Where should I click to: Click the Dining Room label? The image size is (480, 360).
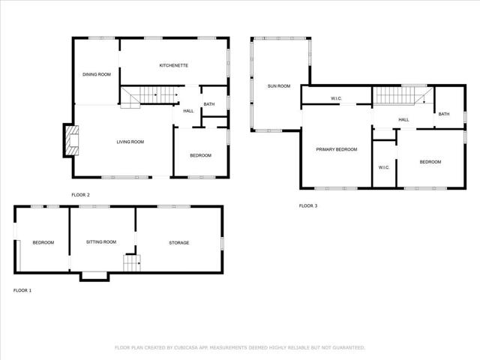point(97,74)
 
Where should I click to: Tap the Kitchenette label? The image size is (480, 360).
point(173,66)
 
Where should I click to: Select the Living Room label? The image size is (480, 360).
point(130,142)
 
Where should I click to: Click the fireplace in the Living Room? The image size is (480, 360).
point(70,140)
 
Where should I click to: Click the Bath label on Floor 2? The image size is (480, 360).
point(208,104)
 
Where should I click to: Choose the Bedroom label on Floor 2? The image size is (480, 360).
point(200,155)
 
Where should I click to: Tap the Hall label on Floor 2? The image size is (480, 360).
point(188,111)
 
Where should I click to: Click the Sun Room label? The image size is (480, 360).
point(279,86)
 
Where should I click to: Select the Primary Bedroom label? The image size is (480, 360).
point(336,150)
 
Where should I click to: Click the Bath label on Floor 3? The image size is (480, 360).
point(444,114)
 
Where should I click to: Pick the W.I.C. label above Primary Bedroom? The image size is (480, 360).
point(337,99)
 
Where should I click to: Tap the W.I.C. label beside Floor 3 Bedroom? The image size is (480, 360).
point(383,167)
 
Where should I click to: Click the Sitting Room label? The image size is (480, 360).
point(101,242)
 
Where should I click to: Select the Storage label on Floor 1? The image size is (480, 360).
point(178,242)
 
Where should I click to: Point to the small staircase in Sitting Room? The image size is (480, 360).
point(132,263)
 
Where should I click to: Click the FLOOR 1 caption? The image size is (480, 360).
point(22,290)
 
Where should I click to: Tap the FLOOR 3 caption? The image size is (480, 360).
point(308,205)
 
